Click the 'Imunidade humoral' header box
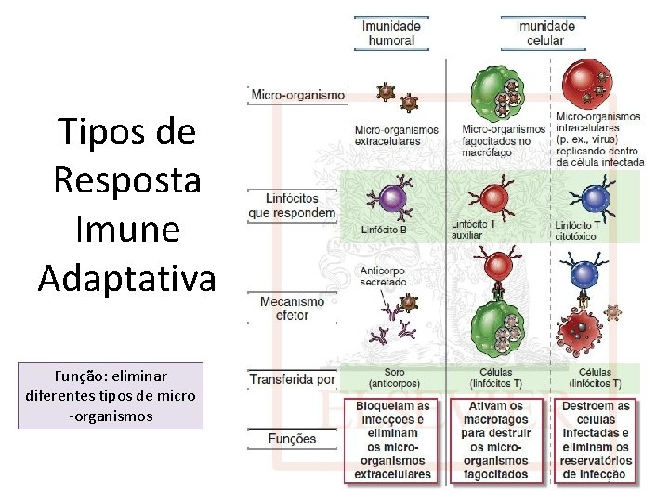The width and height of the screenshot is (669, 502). [391, 33]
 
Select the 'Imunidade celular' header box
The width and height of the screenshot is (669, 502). [544, 33]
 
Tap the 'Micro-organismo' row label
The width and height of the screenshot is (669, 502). [298, 95]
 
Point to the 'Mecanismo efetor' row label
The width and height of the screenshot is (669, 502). [293, 308]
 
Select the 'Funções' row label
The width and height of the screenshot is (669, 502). [291, 439]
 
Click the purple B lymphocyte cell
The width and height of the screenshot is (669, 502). [391, 198]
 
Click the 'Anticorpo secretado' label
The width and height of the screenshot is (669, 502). [383, 276]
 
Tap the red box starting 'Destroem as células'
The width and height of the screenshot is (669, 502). [596, 441]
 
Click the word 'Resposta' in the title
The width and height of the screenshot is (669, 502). [126, 179]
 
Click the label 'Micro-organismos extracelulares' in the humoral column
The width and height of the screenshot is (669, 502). [396, 136]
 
